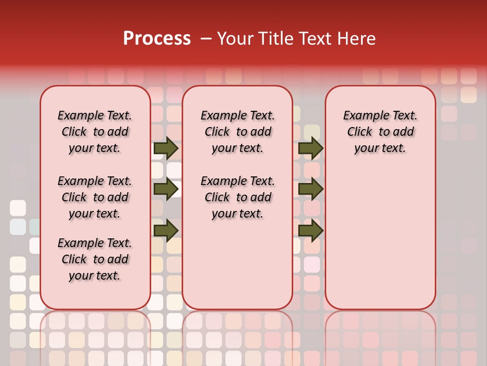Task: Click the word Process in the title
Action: click(157, 39)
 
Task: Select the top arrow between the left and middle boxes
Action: click(166, 148)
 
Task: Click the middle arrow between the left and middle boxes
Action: click(166, 189)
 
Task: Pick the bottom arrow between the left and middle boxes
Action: click(166, 231)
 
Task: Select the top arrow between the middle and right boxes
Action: click(310, 148)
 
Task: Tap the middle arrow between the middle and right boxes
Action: click(310, 189)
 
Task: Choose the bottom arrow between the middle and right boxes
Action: click(310, 231)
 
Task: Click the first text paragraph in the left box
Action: click(95, 132)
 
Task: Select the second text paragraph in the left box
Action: click(95, 197)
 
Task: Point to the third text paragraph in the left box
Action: click(95, 259)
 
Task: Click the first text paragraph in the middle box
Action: click(238, 132)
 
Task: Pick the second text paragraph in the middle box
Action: click(238, 197)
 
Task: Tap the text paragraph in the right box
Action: click(380, 132)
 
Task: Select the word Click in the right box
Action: click(360, 132)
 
